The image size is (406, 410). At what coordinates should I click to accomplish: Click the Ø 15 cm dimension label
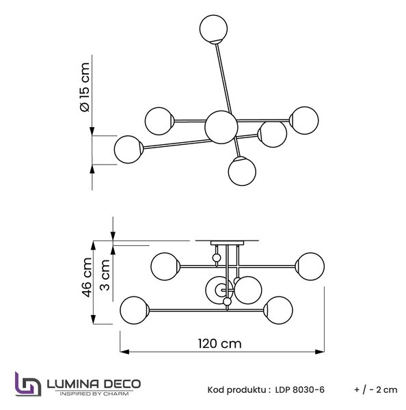85,87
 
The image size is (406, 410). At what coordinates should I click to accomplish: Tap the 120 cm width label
219,344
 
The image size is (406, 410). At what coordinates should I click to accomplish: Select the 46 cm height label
87,277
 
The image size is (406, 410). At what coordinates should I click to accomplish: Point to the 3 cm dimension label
105,275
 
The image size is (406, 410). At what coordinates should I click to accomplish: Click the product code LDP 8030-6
300,390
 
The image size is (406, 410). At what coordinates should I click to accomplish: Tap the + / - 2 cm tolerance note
376,390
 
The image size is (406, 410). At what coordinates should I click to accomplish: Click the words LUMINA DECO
94,384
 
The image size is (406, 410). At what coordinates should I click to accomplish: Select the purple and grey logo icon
28,384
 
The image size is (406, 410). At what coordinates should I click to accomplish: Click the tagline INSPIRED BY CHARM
94,394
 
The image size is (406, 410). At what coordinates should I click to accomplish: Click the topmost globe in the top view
213,29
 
